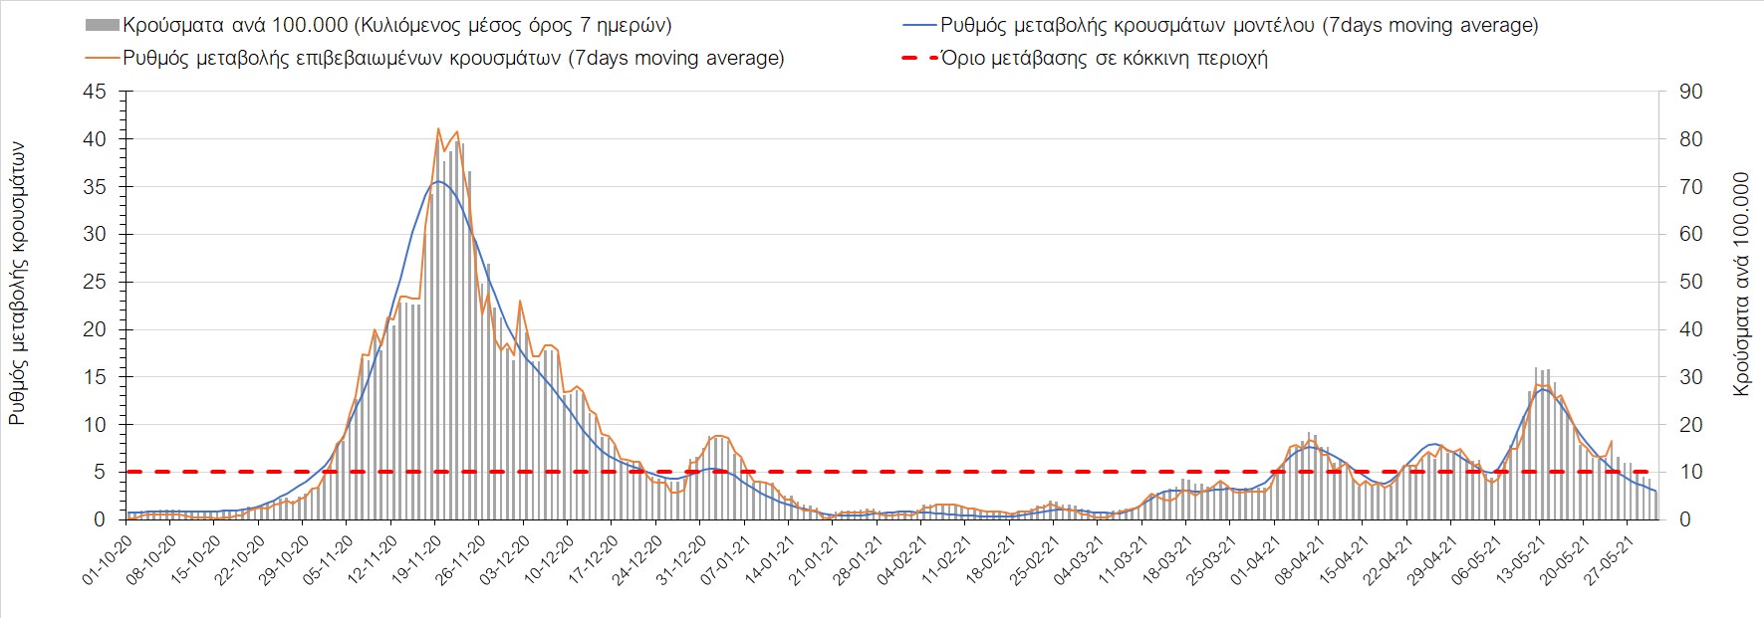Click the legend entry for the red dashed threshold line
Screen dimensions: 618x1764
[x=1104, y=58]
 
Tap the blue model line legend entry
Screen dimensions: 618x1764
[x=1238, y=25]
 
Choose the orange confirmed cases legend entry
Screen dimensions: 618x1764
[x=453, y=58]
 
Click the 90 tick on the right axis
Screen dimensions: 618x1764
[x=1690, y=92]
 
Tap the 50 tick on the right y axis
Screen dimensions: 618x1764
[x=1690, y=282]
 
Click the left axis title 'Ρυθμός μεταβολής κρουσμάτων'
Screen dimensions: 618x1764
[x=17, y=283]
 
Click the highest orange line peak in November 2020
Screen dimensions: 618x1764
[x=438, y=128]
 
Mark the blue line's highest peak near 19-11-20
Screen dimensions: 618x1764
[x=437, y=181]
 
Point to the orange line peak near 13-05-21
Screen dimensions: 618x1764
[x=1539, y=384]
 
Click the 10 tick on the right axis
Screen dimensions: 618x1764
[x=1690, y=472]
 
